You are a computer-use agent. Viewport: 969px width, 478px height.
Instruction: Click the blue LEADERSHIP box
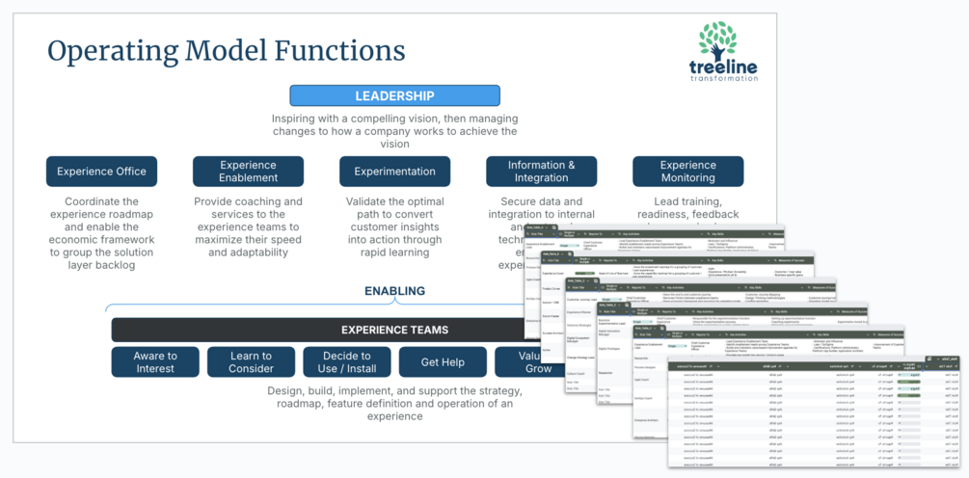point(394,95)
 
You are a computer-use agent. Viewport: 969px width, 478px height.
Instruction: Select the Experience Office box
point(101,172)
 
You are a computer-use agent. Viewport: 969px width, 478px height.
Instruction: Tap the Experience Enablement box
point(248,172)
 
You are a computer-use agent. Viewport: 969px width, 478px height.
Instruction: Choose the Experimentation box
point(394,172)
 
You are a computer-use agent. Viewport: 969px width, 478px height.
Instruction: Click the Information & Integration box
point(541,172)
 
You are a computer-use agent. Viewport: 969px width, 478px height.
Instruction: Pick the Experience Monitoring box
point(687,172)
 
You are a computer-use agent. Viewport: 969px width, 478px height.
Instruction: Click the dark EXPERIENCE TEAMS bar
point(328,330)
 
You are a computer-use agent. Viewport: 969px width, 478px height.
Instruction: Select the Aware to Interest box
point(155,361)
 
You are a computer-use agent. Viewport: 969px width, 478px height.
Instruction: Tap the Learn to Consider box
point(251,361)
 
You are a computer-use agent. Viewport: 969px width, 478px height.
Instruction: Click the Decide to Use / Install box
point(346,361)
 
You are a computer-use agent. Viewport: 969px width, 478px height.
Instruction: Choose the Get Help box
point(443,361)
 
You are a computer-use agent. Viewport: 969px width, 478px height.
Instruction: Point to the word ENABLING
point(394,291)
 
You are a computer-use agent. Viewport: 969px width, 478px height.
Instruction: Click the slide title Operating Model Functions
point(227,50)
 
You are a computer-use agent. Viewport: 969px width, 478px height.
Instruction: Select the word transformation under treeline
point(718,79)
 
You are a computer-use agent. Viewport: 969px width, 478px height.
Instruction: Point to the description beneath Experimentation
point(394,226)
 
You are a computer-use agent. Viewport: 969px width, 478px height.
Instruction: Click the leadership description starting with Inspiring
point(394,130)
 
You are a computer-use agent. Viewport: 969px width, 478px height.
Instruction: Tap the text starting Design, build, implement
point(394,404)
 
